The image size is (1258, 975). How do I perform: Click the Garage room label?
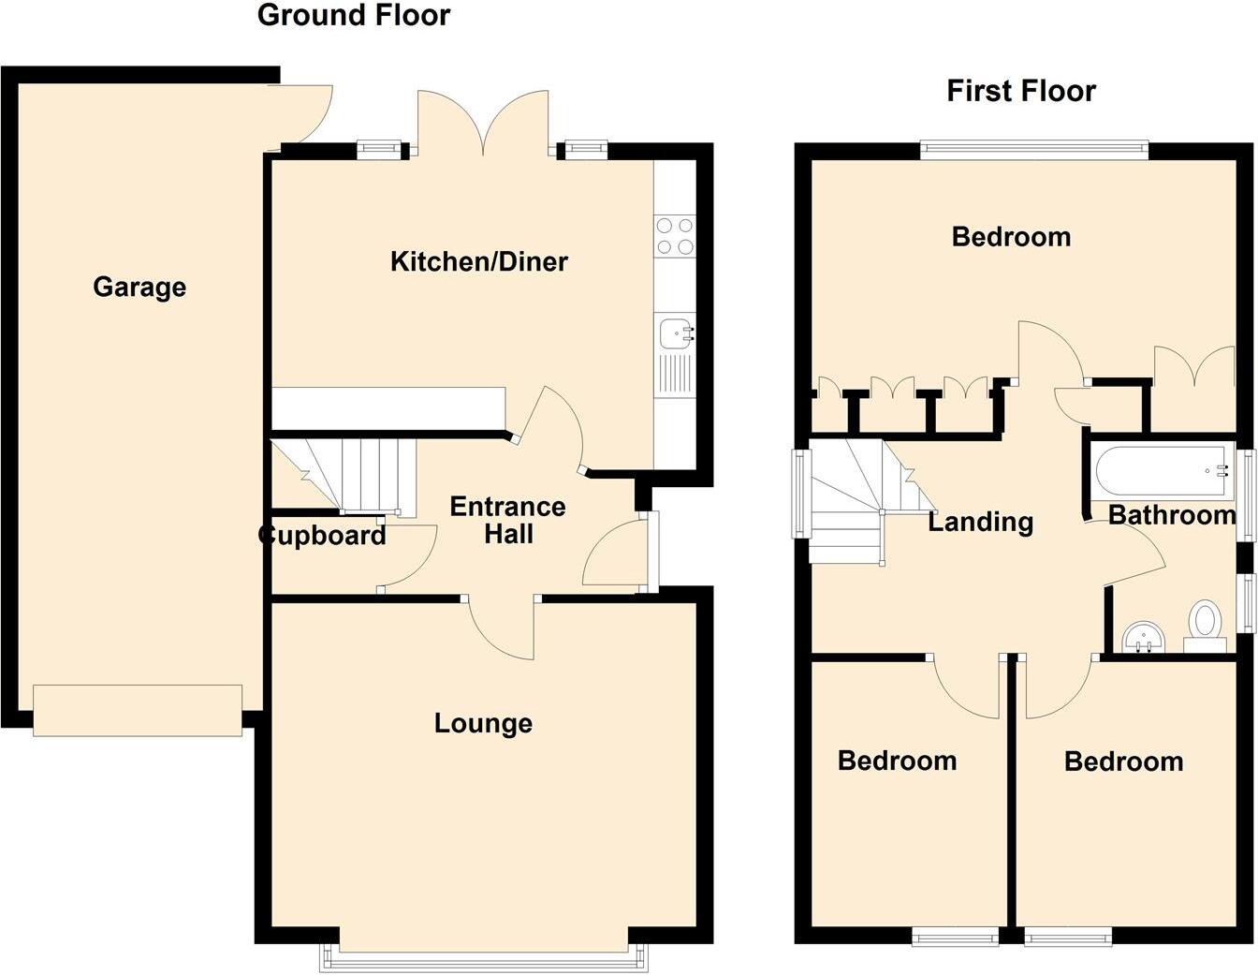coord(139,287)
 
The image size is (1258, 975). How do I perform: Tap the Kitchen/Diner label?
coord(478,261)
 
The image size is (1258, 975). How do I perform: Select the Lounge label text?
coord(483,723)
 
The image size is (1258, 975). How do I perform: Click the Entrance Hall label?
coord(507,520)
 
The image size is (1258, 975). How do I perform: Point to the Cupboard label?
coord(322,536)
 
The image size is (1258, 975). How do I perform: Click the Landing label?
coord(980,522)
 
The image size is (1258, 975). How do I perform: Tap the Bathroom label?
coord(1171,515)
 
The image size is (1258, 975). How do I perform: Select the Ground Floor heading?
coord(353,16)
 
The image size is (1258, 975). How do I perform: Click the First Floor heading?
coord(1020,91)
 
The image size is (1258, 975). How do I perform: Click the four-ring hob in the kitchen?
coord(674,236)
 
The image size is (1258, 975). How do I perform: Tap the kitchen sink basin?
coord(673,332)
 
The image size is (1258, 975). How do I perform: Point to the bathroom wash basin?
coord(1142,637)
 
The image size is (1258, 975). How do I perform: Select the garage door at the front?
coord(138,710)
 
